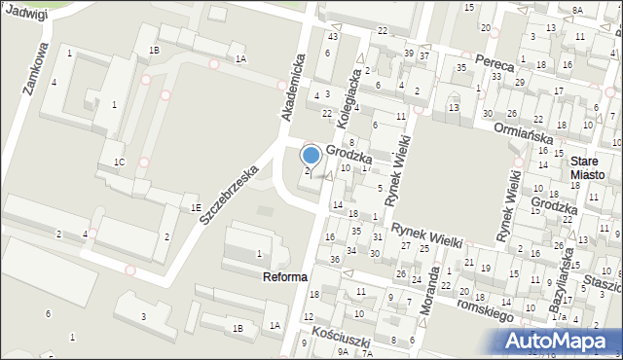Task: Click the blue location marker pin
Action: pos(311,155)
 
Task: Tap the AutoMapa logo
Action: pos(557,340)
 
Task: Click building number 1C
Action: pos(118,162)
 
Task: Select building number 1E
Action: pos(195,207)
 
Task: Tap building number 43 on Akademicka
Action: pos(332,36)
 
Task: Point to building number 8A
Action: pos(577,10)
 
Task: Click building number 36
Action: pos(334,259)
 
